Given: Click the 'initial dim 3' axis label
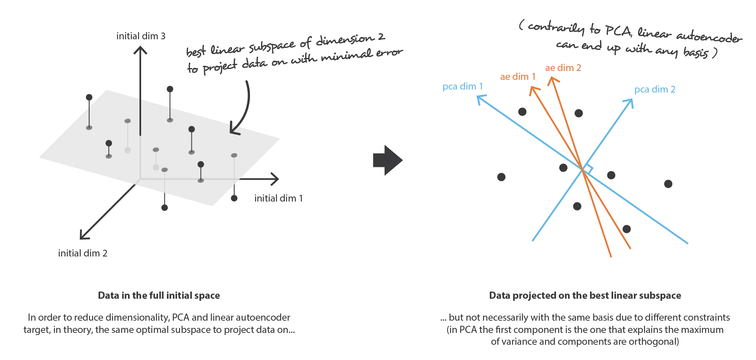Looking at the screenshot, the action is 141,36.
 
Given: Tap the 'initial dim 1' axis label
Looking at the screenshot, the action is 278,198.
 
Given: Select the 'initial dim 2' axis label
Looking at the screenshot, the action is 83,253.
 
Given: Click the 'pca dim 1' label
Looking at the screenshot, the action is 462,87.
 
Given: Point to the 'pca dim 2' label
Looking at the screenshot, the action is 655,90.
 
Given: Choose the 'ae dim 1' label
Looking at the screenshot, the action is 518,76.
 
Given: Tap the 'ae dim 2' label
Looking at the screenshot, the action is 563,68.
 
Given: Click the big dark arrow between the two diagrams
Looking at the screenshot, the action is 388,160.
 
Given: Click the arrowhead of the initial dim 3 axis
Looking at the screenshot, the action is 140,50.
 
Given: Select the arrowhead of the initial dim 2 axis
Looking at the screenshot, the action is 84,235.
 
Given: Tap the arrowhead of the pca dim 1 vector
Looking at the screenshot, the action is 481,99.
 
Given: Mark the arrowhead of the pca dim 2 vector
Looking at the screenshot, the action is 629,103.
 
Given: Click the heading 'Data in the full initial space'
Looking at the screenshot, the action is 159,295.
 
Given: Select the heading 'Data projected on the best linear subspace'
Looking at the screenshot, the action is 585,295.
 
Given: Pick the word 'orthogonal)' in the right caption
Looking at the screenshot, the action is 654,341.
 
